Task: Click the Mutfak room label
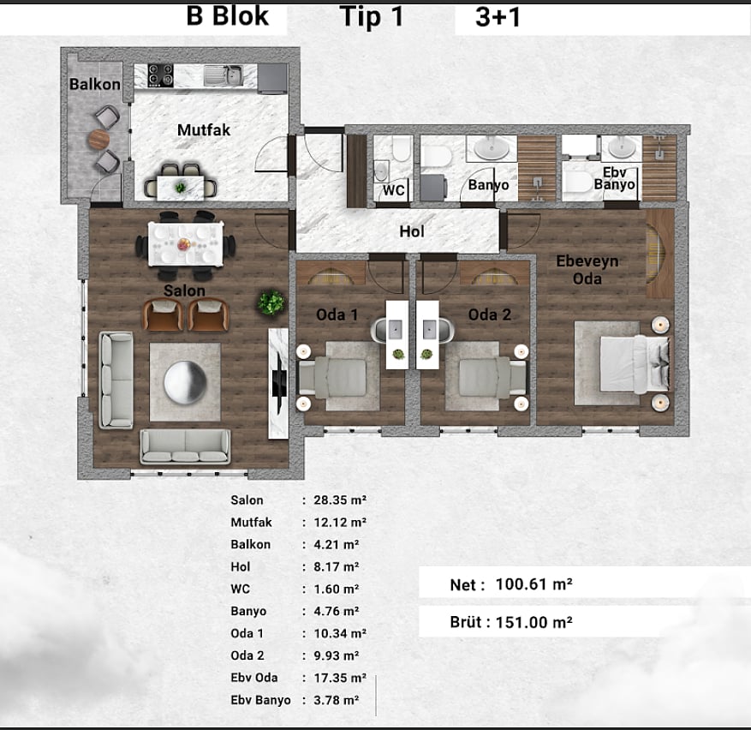tap(204, 130)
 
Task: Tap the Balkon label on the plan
tap(95, 84)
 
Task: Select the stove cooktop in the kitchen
tap(160, 75)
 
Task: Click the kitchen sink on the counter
tap(224, 75)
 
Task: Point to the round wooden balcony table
tap(98, 139)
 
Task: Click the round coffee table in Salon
tap(185, 382)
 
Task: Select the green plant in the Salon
tap(271, 302)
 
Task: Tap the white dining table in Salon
tap(185, 243)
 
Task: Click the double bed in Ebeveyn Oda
tap(635, 363)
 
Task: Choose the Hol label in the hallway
tap(412, 231)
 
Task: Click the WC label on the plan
tap(393, 190)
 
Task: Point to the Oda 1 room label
tap(337, 315)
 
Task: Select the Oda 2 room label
tap(490, 314)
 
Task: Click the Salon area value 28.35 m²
tap(340, 500)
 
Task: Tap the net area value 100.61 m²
tap(534, 584)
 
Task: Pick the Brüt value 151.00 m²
tap(534, 622)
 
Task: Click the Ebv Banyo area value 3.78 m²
tap(337, 700)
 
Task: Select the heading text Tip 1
tap(372, 17)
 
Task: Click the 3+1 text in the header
tap(498, 17)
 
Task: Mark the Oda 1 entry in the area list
tap(247, 633)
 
